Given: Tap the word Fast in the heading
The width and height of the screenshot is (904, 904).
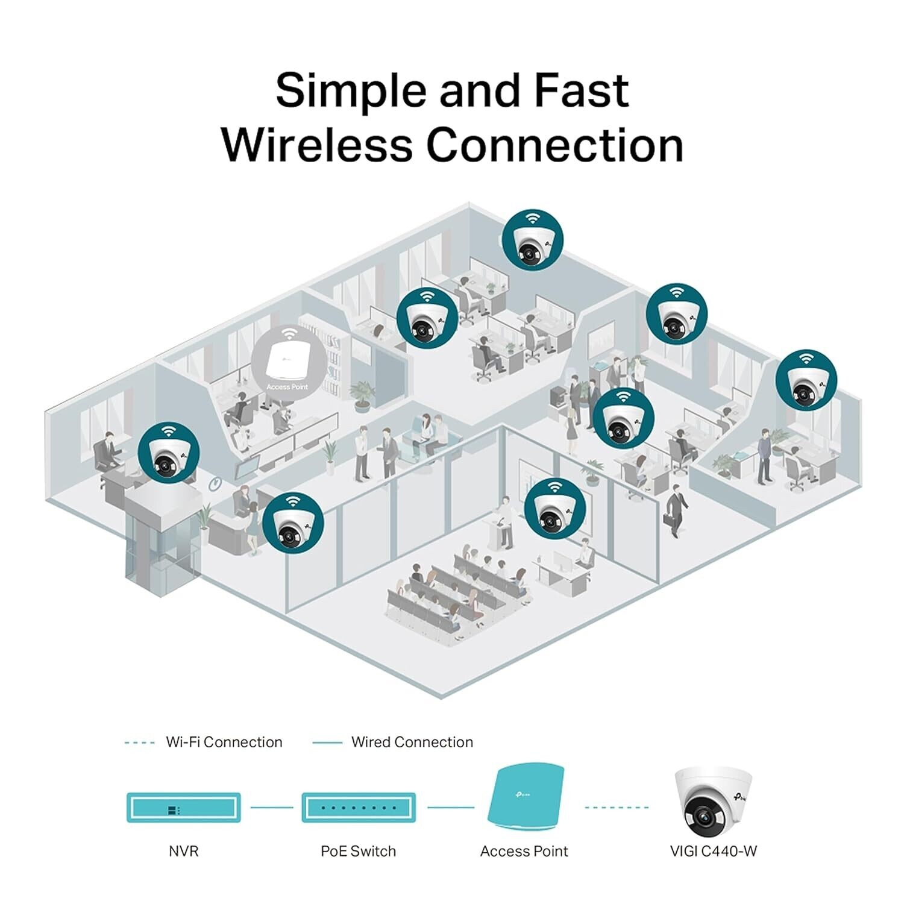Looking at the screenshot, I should tap(582, 90).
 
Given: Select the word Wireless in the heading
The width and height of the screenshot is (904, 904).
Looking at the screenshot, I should tap(317, 145).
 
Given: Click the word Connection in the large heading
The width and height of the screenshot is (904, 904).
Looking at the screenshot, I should tap(554, 145).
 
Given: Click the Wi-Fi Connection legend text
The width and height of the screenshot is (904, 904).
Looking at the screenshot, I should tap(224, 742).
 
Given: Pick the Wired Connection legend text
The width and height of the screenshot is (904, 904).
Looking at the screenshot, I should tap(412, 742).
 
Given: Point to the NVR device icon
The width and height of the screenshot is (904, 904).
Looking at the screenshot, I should tap(183, 808).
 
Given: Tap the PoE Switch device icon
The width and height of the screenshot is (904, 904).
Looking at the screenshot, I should tap(359, 808).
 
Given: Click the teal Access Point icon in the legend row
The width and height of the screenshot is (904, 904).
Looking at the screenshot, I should tap(526, 799).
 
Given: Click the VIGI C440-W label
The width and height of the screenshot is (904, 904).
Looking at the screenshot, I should tap(713, 851).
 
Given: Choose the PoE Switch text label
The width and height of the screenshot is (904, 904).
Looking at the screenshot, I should tap(358, 851).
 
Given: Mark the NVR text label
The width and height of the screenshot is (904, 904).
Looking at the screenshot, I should tap(183, 851).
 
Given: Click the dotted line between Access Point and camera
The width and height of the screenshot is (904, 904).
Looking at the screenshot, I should tap(616, 807).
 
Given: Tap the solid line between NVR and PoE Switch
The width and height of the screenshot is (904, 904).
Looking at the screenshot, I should tap(271, 807).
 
